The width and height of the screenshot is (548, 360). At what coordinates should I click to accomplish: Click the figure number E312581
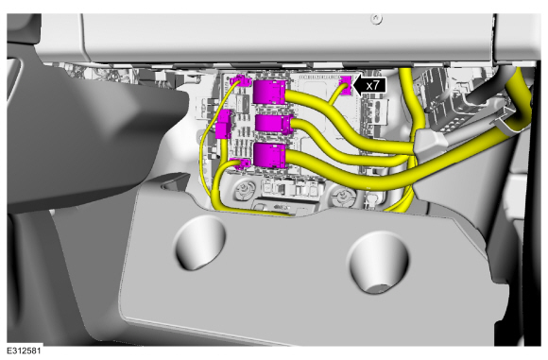point(24,351)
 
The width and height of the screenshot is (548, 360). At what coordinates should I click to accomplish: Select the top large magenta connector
point(269,92)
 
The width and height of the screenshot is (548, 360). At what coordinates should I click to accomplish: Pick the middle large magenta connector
point(274,124)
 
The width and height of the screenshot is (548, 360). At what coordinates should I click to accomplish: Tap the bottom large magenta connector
point(269,155)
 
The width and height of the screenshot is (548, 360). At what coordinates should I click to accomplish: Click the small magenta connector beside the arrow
point(346,85)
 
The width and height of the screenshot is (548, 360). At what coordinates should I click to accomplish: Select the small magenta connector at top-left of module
point(241,80)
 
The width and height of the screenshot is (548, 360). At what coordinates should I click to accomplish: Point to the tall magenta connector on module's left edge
point(224,124)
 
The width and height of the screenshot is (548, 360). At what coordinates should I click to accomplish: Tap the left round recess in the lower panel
point(198,242)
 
